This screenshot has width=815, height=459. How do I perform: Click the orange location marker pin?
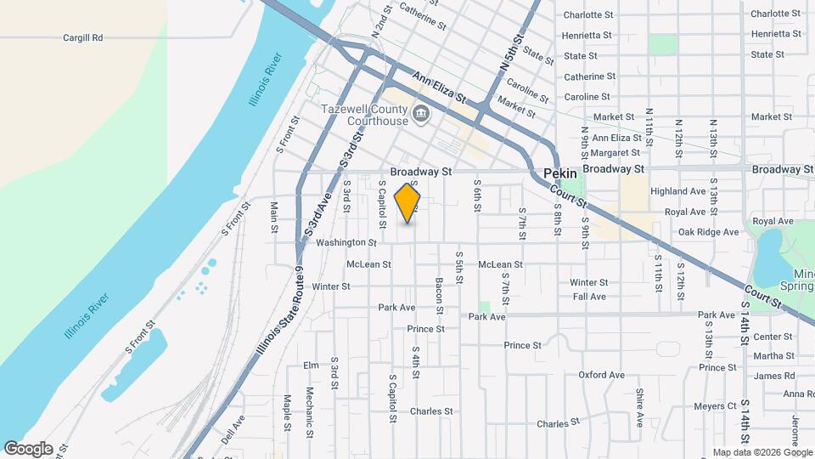(x=407, y=202)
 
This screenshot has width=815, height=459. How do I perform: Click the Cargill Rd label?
(x=83, y=37)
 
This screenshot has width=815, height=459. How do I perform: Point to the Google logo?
(x=28, y=448)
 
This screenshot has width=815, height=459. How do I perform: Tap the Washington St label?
(x=346, y=243)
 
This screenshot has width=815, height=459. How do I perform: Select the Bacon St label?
(x=440, y=293)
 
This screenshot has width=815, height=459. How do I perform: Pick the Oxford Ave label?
(x=601, y=375)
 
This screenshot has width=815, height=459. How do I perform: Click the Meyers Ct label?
(x=714, y=406)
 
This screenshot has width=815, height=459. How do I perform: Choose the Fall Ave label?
(x=589, y=297)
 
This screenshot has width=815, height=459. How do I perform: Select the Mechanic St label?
(x=310, y=407)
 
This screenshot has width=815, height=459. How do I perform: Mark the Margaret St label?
(x=615, y=152)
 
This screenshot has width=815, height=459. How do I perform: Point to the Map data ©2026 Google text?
(x=761, y=452)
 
